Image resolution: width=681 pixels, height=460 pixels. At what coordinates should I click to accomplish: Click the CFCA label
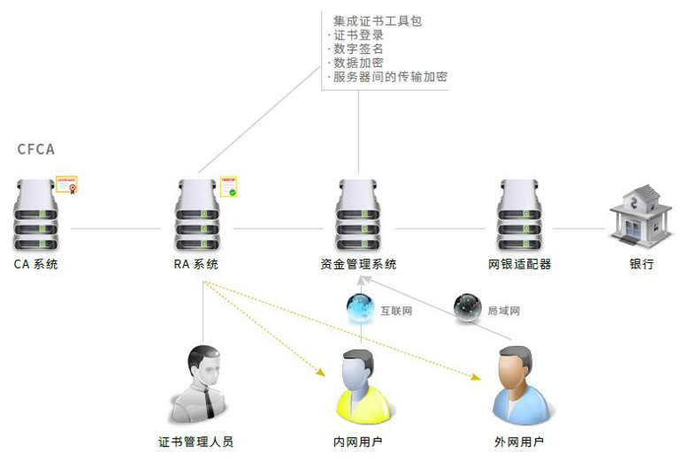pos(35,149)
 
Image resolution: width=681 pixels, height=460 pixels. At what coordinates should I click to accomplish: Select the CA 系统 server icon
pos(35,215)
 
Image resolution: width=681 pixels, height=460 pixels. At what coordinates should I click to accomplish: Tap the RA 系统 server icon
pos(196,215)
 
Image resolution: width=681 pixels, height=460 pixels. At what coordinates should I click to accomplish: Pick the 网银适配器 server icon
pos(519,215)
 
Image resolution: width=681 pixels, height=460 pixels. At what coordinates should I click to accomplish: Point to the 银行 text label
pos(641,264)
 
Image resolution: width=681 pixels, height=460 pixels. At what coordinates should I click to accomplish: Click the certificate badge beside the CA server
pos(67,185)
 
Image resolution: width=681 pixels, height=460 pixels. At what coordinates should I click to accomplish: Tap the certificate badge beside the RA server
pos(228,185)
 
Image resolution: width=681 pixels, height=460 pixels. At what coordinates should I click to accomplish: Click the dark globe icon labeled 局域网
pos(467,308)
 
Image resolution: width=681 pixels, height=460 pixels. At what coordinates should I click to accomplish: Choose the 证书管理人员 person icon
pos(202,384)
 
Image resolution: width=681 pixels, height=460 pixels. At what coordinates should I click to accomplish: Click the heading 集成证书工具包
pos(378,20)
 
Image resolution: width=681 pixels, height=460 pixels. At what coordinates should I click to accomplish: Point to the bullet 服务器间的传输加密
pos(389,77)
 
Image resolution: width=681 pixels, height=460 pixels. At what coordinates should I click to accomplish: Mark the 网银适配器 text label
pos(519,264)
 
